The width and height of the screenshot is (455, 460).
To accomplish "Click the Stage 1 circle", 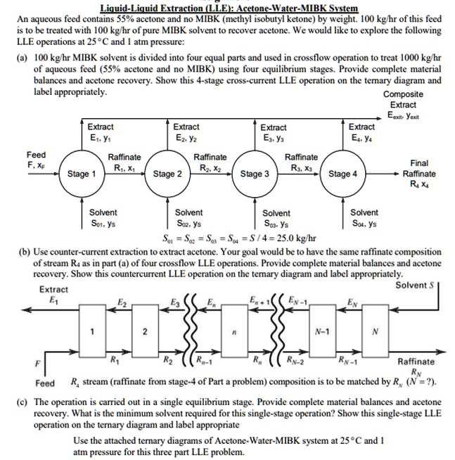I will pyautogui.click(x=82, y=174).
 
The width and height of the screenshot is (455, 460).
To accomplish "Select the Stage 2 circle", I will pyautogui.click(x=169, y=174).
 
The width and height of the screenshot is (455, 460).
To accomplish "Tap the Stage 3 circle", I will pyautogui.click(x=255, y=174).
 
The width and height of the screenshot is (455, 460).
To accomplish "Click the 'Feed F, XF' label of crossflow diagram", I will pyautogui.click(x=36, y=159).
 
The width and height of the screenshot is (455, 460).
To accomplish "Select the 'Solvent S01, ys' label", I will pyautogui.click(x=103, y=217).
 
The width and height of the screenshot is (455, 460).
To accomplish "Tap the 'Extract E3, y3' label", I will pyautogui.click(x=274, y=132).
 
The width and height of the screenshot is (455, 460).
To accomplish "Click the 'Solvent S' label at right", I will pyautogui.click(x=412, y=285).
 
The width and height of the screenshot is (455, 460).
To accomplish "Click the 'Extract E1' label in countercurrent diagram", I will pyautogui.click(x=53, y=294).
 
